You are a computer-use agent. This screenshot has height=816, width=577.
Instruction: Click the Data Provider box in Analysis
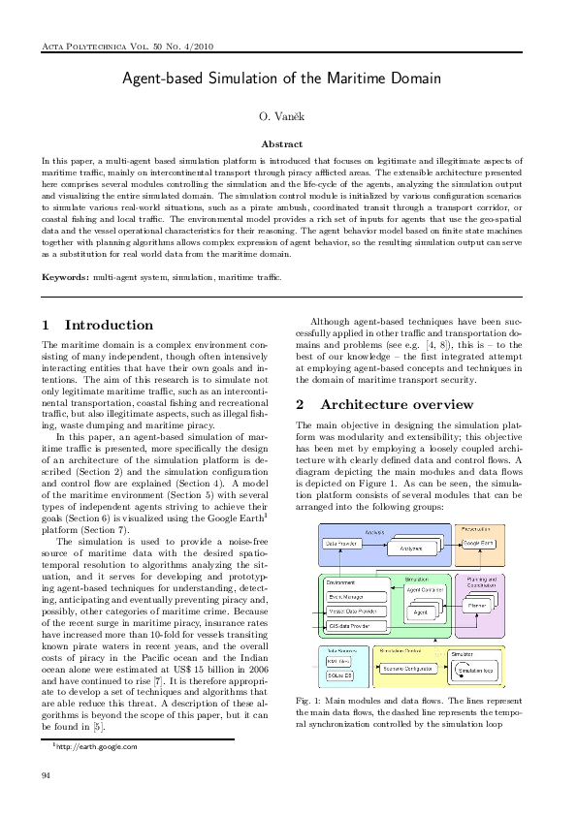[x=341, y=545]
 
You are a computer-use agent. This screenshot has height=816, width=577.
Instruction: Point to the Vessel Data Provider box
[x=356, y=612]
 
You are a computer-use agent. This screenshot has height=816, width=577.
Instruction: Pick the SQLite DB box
[x=338, y=674]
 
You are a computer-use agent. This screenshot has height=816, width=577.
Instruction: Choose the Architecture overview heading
[x=383, y=404]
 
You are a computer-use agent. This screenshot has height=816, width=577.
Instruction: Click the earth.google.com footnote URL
[x=96, y=747]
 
